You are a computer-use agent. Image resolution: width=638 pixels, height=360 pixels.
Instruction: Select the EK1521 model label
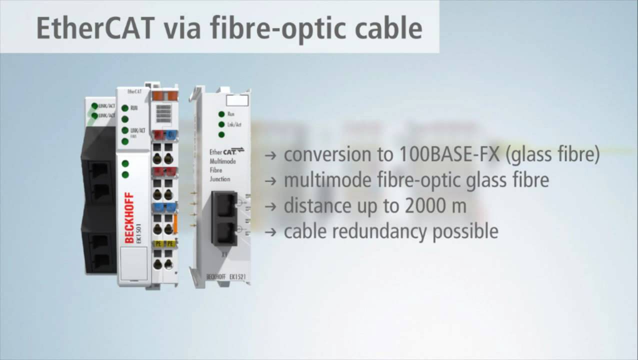click(x=239, y=276)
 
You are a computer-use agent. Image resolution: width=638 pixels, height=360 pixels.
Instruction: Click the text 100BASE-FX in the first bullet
click(x=449, y=154)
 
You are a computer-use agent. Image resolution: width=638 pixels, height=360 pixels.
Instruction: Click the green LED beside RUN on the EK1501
click(x=124, y=107)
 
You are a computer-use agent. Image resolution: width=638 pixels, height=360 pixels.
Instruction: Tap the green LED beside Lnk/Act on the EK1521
click(x=221, y=124)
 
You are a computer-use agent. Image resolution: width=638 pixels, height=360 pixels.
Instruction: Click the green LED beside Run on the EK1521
click(x=221, y=114)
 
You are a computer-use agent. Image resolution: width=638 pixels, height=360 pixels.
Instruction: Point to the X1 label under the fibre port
click(x=224, y=254)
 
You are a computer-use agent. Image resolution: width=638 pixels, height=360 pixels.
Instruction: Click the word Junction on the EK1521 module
click(x=220, y=179)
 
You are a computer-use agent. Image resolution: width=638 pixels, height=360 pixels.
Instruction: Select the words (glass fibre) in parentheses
click(x=552, y=154)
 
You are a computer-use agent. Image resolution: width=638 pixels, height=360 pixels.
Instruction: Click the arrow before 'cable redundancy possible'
click(x=270, y=232)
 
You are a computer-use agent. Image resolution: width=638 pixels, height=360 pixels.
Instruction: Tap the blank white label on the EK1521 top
click(x=237, y=100)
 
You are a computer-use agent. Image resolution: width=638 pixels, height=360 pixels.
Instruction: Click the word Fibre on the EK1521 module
click(x=216, y=170)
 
